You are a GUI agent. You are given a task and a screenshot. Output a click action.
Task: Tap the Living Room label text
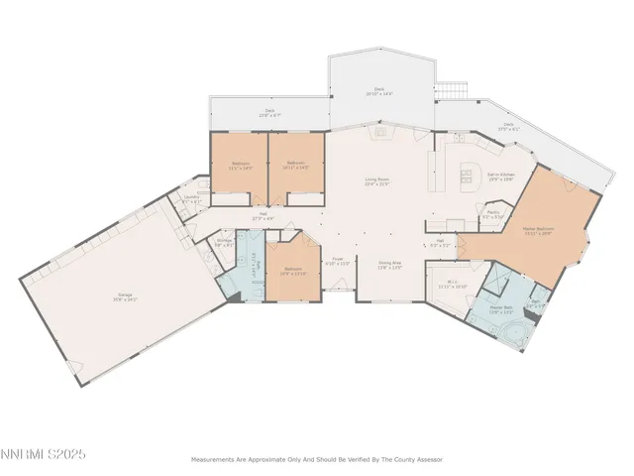pyautogui.click(x=376, y=181)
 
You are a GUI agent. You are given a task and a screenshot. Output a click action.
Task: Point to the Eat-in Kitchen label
pyautogui.click(x=500, y=178)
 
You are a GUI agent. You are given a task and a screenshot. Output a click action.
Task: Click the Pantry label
pyautogui.click(x=492, y=213)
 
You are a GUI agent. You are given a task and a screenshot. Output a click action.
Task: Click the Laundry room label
pyautogui.click(x=192, y=198)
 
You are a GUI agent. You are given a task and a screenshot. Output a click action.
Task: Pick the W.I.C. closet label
pyautogui.click(x=452, y=284)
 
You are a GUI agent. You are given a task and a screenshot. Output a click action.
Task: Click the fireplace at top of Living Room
pyautogui.click(x=377, y=129)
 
